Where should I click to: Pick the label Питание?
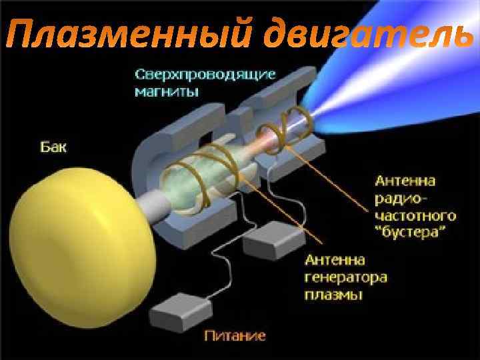235,335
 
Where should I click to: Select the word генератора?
345,276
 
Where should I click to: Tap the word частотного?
415,215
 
